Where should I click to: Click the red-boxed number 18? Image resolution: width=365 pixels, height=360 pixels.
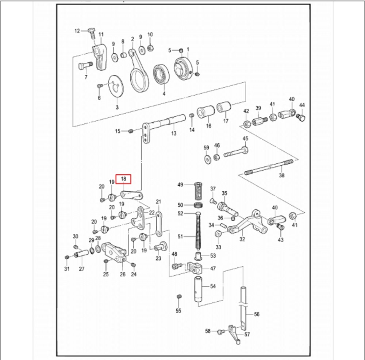(x=123, y=179)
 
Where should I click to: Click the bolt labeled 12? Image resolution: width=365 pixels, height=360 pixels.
(x=92, y=33)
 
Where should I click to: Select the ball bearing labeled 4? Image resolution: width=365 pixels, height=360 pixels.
(x=161, y=74)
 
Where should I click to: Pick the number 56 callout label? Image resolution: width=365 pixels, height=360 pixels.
(x=257, y=314)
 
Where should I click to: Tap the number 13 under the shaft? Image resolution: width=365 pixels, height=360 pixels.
(x=174, y=133)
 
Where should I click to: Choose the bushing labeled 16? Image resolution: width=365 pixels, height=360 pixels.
(x=206, y=112)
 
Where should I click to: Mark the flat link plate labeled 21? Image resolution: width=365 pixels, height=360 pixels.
(x=159, y=224)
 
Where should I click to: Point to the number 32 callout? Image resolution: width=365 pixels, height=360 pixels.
(x=242, y=239)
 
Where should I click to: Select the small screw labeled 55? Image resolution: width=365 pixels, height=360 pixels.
(x=179, y=297)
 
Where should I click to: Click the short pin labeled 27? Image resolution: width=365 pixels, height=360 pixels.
(x=81, y=254)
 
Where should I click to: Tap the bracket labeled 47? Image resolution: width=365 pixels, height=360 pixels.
(x=195, y=268)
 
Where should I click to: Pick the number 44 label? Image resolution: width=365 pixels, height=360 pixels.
(x=302, y=105)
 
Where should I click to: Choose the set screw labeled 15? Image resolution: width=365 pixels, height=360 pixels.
(x=130, y=131)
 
